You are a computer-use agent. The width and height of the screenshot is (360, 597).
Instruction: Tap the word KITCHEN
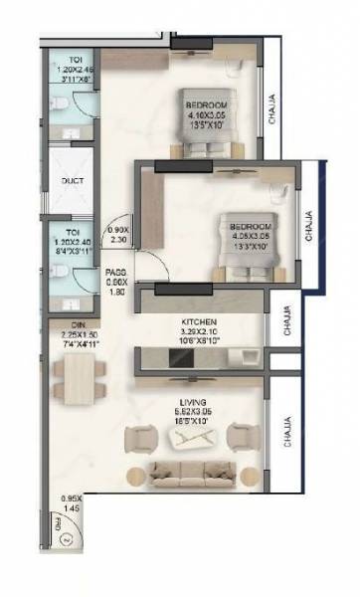click(x=200, y=321)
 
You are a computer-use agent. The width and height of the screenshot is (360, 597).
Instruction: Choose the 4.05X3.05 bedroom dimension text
click(x=244, y=237)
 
